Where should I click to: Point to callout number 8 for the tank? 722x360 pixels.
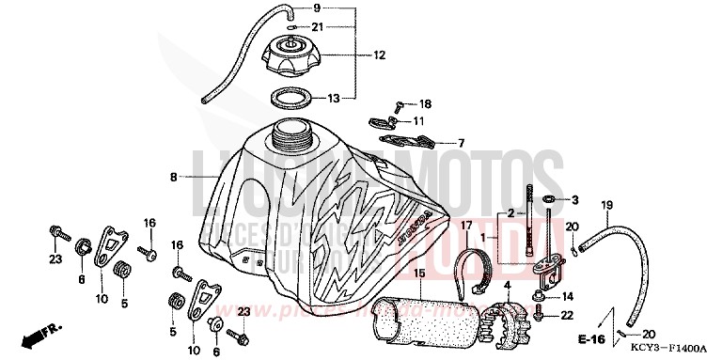pyautogui.click(x=174, y=176)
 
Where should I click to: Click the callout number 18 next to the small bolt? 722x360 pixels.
pyautogui.click(x=425, y=103)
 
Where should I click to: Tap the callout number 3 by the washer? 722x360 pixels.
pyautogui.click(x=575, y=200)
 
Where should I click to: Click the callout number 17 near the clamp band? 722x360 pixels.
pyautogui.click(x=465, y=225)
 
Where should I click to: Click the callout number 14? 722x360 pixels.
pyautogui.click(x=568, y=297)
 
